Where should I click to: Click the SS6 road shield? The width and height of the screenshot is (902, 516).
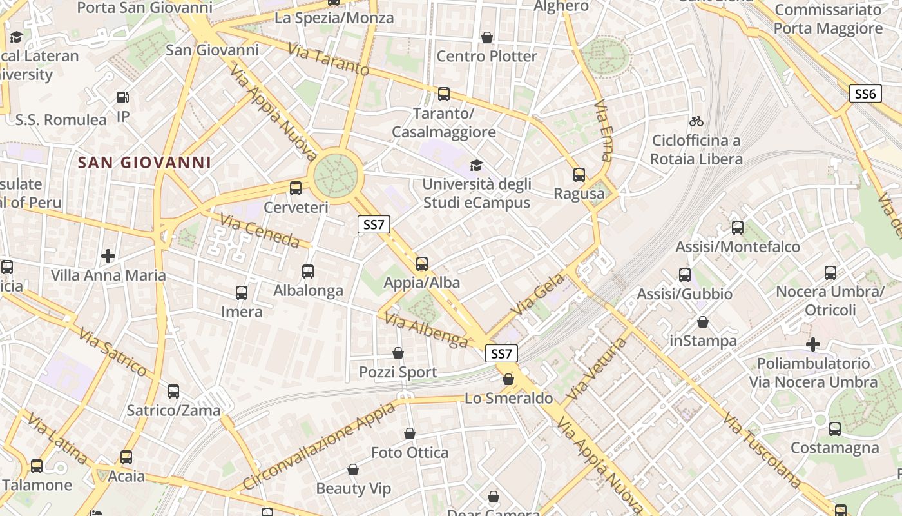[x=865, y=94]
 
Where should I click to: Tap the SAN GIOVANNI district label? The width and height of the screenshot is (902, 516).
[x=144, y=163]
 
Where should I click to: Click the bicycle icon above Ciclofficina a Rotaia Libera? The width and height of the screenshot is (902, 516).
[x=696, y=121]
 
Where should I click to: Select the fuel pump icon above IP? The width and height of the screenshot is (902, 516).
[x=123, y=97]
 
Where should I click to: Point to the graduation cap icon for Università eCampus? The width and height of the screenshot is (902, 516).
[x=476, y=166]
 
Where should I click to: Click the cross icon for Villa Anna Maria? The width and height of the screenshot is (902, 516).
[x=108, y=256]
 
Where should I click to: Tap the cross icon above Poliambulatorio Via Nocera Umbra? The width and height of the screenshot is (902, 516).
[x=813, y=344]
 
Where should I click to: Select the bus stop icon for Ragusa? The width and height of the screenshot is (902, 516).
[x=579, y=174]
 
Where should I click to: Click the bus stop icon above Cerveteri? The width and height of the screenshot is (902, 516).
[x=296, y=188]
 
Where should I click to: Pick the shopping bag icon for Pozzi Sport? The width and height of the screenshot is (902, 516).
[x=398, y=353]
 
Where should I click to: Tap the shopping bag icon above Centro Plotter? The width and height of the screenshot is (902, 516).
[x=487, y=37]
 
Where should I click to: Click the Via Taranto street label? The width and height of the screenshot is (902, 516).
[x=329, y=59]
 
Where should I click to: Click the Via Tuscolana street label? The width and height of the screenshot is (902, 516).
[x=762, y=450]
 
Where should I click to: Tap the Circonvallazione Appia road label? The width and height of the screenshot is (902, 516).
[x=319, y=446]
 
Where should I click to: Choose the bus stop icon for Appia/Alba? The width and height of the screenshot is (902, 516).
[x=422, y=263]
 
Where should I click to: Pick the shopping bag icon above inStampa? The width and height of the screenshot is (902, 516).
[x=703, y=322]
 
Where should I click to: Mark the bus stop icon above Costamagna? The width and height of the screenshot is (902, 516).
[x=835, y=428]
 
